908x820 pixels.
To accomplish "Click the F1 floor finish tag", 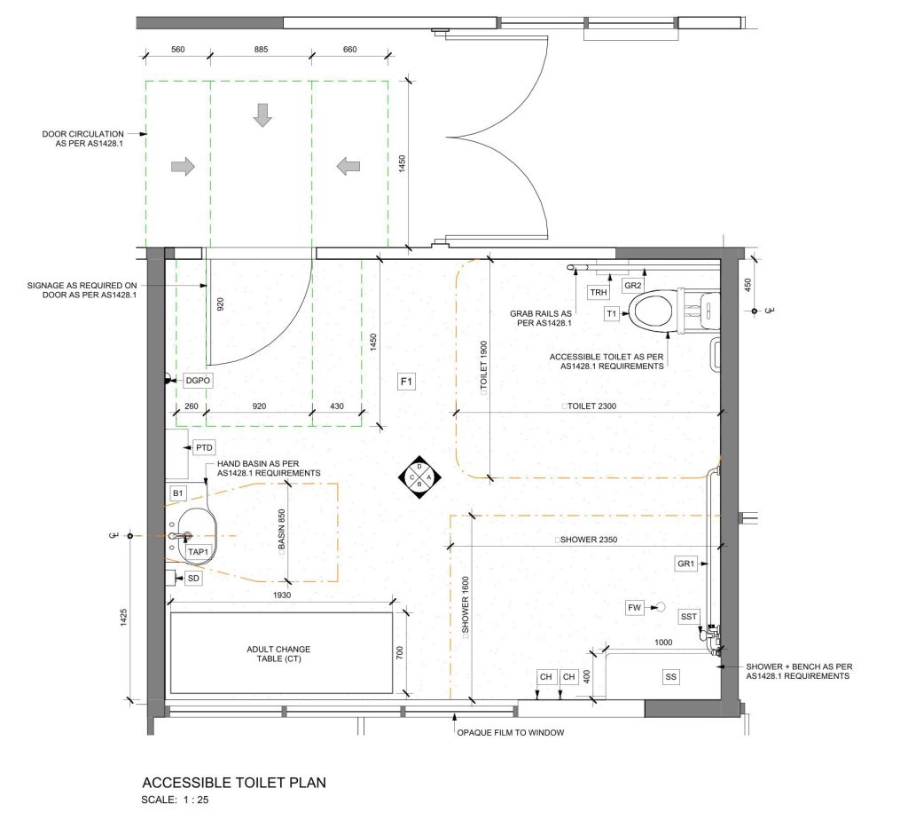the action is (406, 382).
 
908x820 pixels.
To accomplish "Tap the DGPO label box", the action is (198, 381).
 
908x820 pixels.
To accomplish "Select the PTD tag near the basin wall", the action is (204, 447).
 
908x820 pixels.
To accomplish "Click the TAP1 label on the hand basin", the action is (198, 552).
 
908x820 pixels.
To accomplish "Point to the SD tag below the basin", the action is (193, 578).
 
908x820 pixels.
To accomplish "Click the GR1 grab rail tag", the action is (685, 564).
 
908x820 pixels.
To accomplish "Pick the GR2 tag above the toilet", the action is (633, 285).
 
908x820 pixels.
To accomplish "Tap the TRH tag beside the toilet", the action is (599, 293).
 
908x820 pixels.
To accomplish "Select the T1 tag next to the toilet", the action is (612, 313).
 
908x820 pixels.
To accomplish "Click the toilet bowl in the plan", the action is (654, 311).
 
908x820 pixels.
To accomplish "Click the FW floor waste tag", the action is (635, 607).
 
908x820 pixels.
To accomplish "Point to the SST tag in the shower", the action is (688, 617).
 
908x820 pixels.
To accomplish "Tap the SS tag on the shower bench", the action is (670, 676).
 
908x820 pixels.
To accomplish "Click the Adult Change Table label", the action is (278, 654).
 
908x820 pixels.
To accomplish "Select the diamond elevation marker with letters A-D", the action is (419, 477).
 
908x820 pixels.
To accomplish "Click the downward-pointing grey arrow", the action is (262, 115).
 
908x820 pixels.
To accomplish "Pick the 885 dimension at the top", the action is (262, 50).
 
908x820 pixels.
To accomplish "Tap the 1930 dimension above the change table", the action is (282, 595).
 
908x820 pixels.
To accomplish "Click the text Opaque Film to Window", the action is (511, 732).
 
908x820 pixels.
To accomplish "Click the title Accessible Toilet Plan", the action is (234, 783).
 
